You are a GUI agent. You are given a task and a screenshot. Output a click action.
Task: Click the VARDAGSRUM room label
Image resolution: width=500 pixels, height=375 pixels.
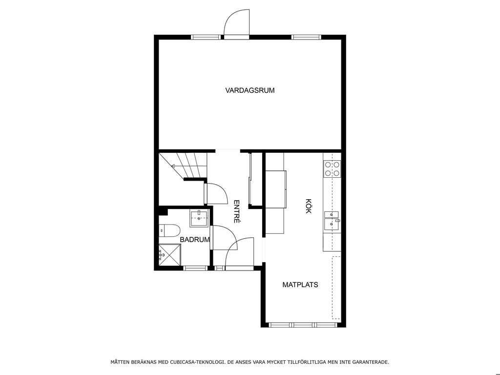tap(250, 90)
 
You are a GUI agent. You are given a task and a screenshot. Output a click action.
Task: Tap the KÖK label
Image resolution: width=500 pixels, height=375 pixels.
tap(309, 206)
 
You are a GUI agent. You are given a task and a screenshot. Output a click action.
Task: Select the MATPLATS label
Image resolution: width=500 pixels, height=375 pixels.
tap(300, 285)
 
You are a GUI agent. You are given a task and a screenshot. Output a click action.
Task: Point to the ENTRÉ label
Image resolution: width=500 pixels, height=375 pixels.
tap(237, 211)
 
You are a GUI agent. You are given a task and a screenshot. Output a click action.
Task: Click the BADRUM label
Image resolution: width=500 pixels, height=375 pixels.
tap(194, 239)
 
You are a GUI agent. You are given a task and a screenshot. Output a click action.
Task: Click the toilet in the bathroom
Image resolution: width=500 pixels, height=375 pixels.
tap(169, 230)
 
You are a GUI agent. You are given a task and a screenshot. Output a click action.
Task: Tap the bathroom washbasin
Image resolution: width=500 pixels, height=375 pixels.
tap(199, 218)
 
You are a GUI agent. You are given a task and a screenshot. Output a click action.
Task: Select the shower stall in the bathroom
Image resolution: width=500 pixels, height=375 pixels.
tap(169, 255)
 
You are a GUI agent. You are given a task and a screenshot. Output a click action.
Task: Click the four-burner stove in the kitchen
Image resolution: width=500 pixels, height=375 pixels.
tap(332, 169)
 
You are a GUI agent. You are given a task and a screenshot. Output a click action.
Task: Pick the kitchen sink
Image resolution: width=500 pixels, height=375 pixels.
tap(332, 221)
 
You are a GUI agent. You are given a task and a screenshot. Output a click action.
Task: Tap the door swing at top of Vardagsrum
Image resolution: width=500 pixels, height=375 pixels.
tap(237, 22)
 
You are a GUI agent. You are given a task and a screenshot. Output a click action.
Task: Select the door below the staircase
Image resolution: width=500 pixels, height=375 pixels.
tap(217, 193)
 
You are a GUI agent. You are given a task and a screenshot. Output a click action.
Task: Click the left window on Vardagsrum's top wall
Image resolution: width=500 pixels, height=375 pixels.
tap(206, 37)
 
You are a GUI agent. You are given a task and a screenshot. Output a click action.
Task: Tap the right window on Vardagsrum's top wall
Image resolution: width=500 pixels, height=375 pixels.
tap(306, 37)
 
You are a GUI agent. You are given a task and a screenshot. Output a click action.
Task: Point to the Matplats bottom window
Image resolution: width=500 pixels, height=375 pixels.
tap(303, 325)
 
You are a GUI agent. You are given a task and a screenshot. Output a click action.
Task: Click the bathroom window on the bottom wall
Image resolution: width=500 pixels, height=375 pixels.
tap(196, 268)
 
